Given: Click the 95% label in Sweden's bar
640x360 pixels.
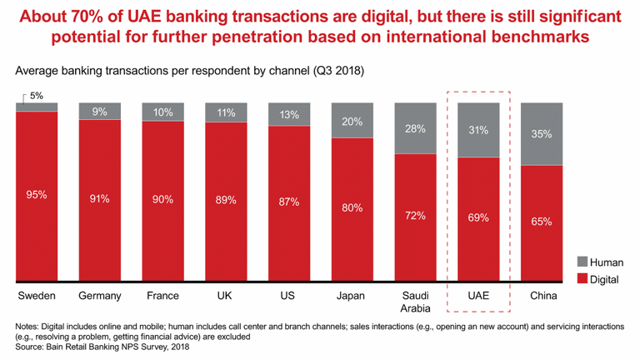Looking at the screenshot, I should (x=37, y=195).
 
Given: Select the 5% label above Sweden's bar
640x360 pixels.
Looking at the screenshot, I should (x=37, y=96).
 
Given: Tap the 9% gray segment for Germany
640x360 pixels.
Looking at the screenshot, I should (x=100, y=111).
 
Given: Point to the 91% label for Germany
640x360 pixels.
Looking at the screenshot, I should (x=100, y=199).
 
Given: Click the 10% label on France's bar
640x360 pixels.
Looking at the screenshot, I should (x=163, y=112).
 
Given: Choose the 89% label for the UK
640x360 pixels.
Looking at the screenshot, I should (x=226, y=200).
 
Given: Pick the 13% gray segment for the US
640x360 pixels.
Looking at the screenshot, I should (x=289, y=115).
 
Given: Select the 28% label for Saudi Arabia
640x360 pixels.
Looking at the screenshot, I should (x=415, y=128).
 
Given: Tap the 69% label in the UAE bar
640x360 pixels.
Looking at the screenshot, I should (x=478, y=218).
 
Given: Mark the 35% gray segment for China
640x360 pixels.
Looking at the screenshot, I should (x=542, y=133).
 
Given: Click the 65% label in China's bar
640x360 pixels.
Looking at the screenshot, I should (x=542, y=222).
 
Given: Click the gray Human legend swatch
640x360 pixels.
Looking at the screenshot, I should (x=582, y=262).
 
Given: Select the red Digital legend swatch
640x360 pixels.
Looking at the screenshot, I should (x=582, y=279).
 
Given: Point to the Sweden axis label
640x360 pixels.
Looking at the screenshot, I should (x=37, y=296).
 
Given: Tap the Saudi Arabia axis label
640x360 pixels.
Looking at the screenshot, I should (x=415, y=302).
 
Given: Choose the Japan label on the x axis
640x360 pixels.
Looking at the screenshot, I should (x=352, y=296).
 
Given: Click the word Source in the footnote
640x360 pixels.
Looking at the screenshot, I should (x=32, y=347).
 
